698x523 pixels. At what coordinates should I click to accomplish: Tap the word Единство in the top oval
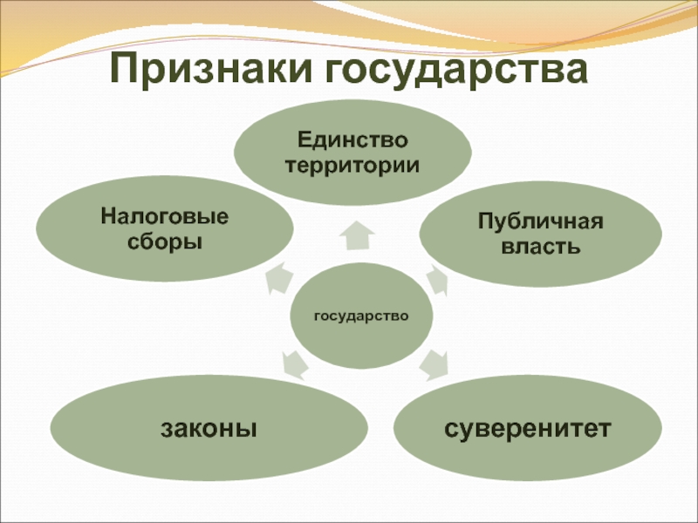[x=352, y=140]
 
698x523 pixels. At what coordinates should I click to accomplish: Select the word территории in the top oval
[x=352, y=164]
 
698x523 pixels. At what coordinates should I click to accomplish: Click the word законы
[x=208, y=428]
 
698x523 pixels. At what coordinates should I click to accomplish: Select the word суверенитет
[x=527, y=428]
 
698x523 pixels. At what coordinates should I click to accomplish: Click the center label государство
[x=361, y=316]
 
